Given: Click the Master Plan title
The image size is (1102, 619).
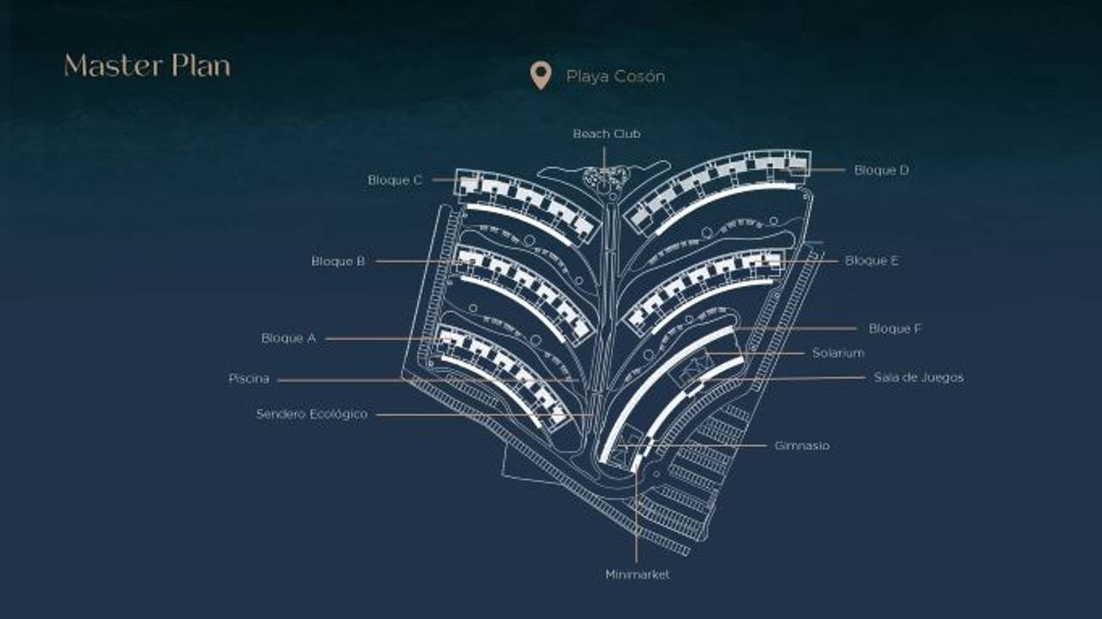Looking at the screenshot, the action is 147,66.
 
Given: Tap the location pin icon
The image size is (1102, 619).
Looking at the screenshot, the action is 540,75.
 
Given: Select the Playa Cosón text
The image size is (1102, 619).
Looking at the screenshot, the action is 616,77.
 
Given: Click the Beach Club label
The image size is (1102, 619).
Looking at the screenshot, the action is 607,133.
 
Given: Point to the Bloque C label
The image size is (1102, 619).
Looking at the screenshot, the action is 395,180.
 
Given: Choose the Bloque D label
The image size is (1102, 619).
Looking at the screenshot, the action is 882,170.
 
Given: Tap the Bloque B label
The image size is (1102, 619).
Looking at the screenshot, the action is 338,261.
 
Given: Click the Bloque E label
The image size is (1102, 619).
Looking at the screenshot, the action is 871,261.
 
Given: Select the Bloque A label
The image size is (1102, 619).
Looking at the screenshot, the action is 288,338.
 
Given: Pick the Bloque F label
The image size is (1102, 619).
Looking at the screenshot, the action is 895,329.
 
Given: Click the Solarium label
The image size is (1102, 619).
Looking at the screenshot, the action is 839,353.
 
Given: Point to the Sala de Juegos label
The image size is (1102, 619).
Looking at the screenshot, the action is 919,378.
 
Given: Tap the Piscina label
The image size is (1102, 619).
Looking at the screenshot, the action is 249,379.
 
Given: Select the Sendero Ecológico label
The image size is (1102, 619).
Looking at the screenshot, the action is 312,414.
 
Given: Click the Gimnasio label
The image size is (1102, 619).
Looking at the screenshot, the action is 802,446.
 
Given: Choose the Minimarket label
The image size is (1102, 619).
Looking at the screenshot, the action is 637,574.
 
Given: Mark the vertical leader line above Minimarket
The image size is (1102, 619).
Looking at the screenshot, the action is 636,517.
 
